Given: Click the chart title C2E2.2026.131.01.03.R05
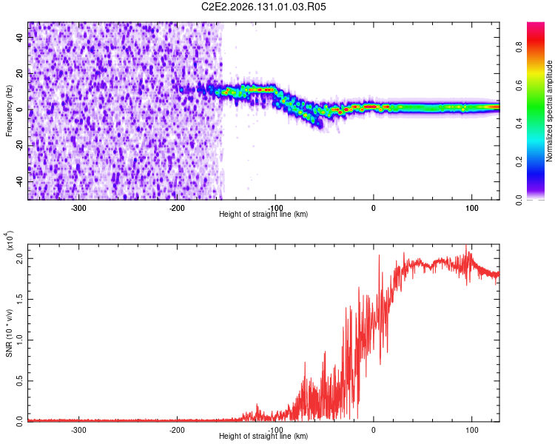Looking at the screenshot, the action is [263, 7].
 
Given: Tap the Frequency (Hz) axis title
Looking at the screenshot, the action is [9, 111].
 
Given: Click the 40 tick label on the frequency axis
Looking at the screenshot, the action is [20, 37].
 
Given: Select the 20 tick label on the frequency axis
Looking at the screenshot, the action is [20, 73].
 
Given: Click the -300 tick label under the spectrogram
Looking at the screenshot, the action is [78, 208].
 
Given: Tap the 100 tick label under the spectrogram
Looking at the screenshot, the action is [472, 208].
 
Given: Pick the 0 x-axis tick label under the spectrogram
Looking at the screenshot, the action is [374, 208].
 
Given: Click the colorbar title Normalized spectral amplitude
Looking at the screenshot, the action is [549, 111].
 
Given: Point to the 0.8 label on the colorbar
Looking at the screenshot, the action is [519, 47].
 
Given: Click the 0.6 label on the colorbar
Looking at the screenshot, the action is [519, 85].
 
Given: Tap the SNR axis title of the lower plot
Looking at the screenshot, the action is [9, 333].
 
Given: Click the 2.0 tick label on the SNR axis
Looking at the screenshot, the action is [20, 258].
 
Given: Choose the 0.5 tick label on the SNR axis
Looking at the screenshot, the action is [20, 381].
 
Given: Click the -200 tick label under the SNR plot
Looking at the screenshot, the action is [177, 430].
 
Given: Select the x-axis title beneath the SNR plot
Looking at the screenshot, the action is [263, 436].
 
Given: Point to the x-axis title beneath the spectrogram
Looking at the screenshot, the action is [263, 214].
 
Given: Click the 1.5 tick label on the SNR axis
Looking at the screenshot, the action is [20, 299].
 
